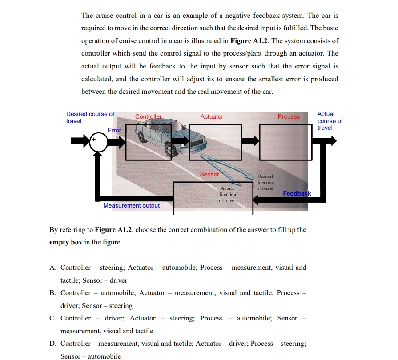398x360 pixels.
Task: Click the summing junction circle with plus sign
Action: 99,142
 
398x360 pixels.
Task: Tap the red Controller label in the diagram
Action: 149,116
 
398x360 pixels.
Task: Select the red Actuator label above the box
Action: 212,116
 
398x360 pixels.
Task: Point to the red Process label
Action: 289,116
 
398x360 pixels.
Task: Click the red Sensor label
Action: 209,174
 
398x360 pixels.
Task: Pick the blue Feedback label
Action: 297,193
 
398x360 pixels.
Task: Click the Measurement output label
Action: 131,205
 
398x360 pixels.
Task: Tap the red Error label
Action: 114,130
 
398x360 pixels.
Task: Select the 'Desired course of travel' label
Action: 90,117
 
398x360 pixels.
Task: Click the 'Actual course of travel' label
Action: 330,121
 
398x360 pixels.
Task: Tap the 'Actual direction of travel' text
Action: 227,194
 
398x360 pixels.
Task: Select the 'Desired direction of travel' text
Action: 265,182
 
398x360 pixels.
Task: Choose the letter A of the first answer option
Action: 52,268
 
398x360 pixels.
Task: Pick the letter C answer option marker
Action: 52,318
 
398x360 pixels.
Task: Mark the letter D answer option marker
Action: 52,344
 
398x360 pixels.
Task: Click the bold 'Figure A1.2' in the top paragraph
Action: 249,40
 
